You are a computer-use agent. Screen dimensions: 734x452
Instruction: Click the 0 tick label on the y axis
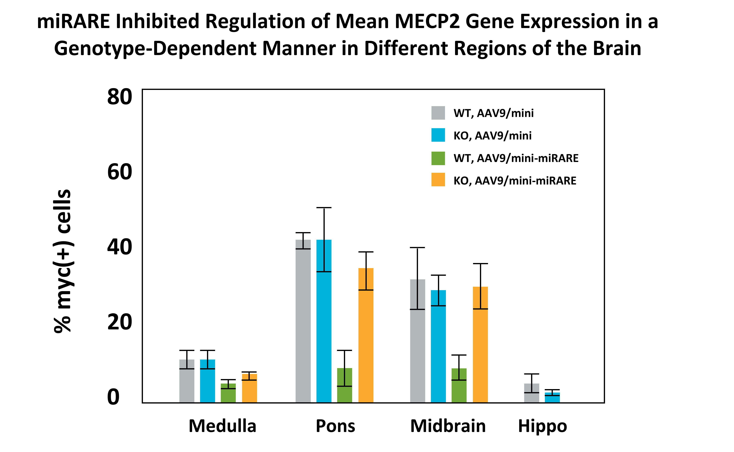click(x=114, y=397)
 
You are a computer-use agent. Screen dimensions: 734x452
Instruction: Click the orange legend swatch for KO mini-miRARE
click(x=438, y=180)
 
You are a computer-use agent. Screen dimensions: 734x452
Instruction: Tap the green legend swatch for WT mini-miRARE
click(x=438, y=158)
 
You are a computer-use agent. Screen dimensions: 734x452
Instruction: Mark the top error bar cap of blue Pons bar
click(x=324, y=207)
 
